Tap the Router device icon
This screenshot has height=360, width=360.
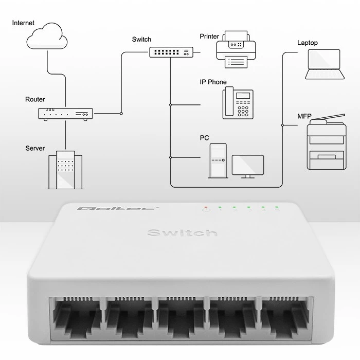(x=65, y=114)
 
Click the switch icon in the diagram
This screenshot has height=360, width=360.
(x=172, y=52)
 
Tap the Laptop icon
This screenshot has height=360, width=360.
(x=323, y=64)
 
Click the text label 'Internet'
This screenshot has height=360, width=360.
(x=24, y=23)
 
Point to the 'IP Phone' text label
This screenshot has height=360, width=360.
(x=213, y=82)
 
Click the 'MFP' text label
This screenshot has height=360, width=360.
(x=304, y=116)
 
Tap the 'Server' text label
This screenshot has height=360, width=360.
(x=35, y=148)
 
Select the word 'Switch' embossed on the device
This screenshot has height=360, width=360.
(x=182, y=233)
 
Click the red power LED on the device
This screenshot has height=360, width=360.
(x=206, y=208)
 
